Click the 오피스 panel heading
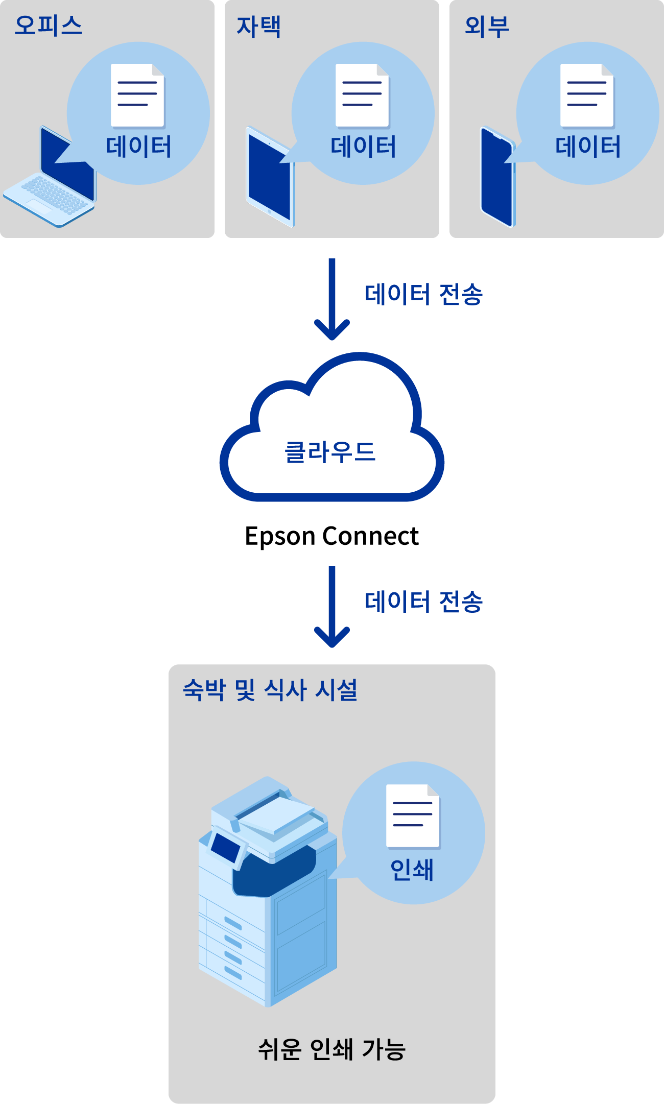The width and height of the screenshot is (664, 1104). click(49, 25)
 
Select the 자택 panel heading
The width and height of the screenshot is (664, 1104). click(258, 27)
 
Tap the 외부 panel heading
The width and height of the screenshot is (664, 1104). click(486, 27)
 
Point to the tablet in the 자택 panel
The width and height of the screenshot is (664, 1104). click(270, 176)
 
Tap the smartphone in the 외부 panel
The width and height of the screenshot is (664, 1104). click(497, 176)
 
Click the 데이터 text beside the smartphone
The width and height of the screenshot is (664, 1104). click(588, 147)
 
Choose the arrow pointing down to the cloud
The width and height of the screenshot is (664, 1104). click(332, 299)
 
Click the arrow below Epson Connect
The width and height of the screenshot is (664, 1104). click(332, 607)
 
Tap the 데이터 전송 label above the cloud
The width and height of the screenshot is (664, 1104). click(423, 295)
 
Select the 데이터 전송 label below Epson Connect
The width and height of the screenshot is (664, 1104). click(423, 602)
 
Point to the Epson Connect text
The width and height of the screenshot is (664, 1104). click(332, 536)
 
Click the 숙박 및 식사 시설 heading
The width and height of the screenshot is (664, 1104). click(270, 690)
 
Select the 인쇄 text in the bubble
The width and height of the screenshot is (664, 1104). click(412, 870)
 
